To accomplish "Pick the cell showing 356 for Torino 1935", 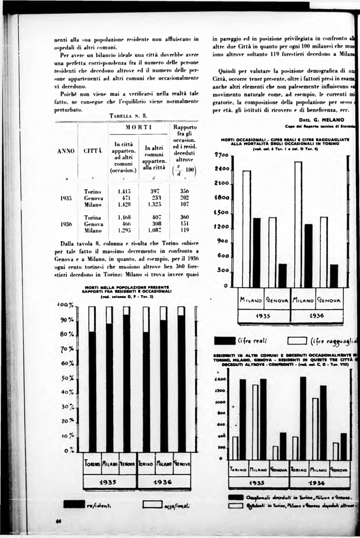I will (185, 191).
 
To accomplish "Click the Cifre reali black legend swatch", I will (225, 341).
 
